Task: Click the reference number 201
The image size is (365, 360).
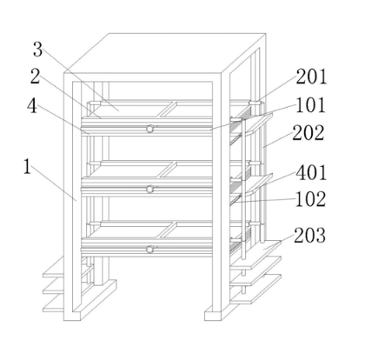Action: pyautogui.click(x=311, y=77)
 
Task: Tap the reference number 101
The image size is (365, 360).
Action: pyautogui.click(x=310, y=105)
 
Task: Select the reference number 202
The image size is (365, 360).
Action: pyautogui.click(x=308, y=133)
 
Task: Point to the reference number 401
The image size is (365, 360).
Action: pyautogui.click(x=311, y=172)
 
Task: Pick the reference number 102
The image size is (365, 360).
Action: pyautogui.click(x=310, y=199)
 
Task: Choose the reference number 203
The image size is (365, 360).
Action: pyautogui.click(x=309, y=236)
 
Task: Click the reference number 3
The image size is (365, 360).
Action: pyautogui.click(x=37, y=50)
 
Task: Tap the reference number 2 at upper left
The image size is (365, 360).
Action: pyautogui.click(x=35, y=77)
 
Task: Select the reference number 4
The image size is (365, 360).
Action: pyautogui.click(x=32, y=106)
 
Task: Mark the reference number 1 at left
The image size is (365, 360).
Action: pyautogui.click(x=27, y=167)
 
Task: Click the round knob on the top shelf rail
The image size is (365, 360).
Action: pyautogui.click(x=149, y=129)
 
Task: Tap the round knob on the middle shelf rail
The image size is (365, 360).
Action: pyautogui.click(x=149, y=190)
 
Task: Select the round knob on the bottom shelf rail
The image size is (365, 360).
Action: pyautogui.click(x=149, y=250)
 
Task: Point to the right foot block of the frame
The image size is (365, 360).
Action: pyautogui.click(x=214, y=313)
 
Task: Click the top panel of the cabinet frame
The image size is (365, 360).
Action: pyautogui.click(x=165, y=53)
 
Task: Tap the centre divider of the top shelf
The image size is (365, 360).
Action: pyautogui.click(x=168, y=110)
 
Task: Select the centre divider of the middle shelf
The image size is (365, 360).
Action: pyautogui.click(x=168, y=170)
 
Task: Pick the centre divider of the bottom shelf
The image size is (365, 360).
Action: pyautogui.click(x=168, y=230)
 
